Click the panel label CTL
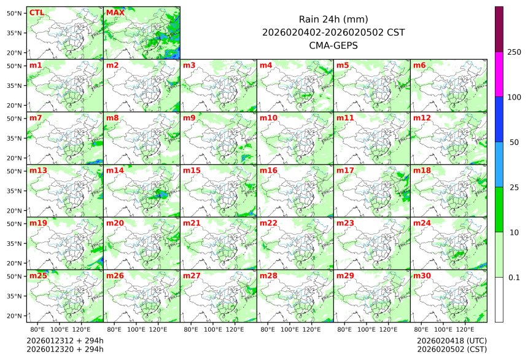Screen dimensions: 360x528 [x=36, y=12]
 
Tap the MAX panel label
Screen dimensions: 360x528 [x=114, y=12]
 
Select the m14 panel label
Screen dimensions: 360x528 [x=114, y=170]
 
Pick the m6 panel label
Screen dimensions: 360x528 [x=419, y=65]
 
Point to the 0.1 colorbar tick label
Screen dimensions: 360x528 [x=514, y=277]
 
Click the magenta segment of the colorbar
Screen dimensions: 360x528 [x=499, y=74]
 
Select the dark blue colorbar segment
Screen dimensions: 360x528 [x=499, y=119]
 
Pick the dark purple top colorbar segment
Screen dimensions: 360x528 [x=499, y=29]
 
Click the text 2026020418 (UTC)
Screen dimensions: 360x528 [x=451, y=340]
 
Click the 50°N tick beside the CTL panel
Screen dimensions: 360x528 [x=15, y=13]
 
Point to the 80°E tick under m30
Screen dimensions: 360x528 [x=421, y=329]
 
